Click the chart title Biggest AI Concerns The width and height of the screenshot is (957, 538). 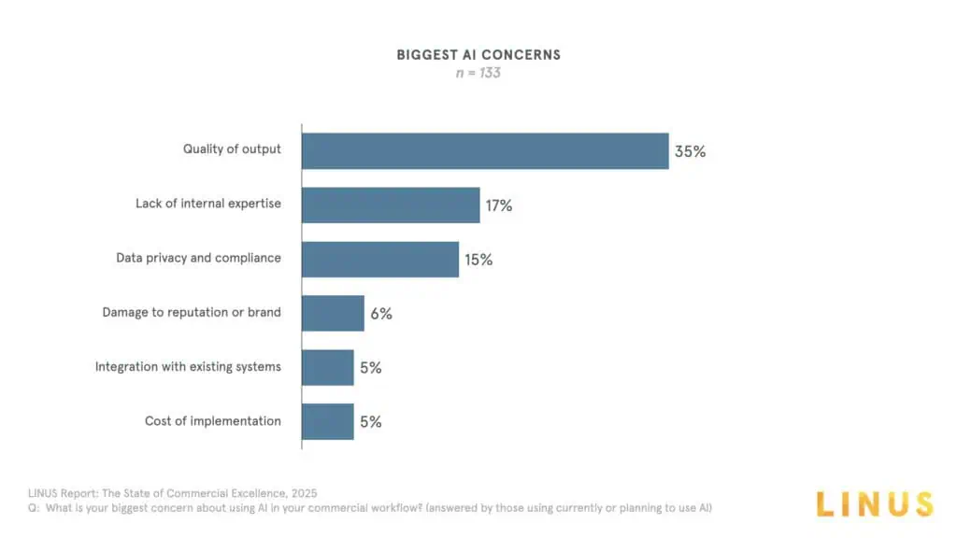(x=478, y=54)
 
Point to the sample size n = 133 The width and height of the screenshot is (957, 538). (x=478, y=72)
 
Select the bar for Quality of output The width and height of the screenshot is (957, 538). (x=485, y=150)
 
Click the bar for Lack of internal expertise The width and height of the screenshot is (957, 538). (x=391, y=205)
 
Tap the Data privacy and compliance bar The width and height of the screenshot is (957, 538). (x=380, y=259)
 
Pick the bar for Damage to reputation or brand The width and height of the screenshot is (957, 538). (x=333, y=313)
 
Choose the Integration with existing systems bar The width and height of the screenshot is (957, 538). (x=328, y=367)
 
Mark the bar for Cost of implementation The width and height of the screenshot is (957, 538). (x=328, y=421)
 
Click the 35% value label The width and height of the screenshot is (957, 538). (x=690, y=151)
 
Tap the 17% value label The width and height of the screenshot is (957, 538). (x=498, y=205)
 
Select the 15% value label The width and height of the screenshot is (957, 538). (x=478, y=260)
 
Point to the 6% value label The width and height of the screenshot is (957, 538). (x=381, y=314)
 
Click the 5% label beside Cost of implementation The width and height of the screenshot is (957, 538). (x=370, y=422)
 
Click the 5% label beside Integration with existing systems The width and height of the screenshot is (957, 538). (x=370, y=368)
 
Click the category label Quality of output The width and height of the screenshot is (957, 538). (x=232, y=149)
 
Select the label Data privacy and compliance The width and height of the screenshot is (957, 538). (x=198, y=258)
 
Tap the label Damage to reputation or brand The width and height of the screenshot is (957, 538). (x=192, y=312)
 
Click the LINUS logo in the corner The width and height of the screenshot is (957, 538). (x=874, y=504)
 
